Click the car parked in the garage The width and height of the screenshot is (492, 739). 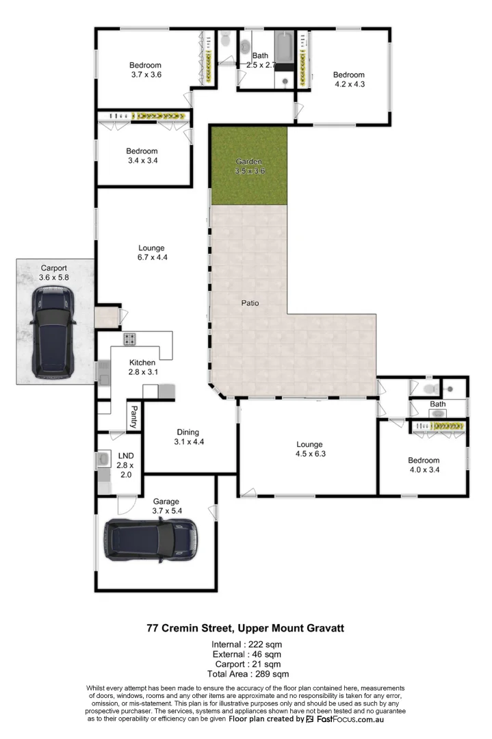point(151,539)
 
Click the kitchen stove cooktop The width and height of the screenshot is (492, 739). point(130,339)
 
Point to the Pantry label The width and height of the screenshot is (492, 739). point(134,416)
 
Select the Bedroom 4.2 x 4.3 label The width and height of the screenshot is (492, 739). point(349,79)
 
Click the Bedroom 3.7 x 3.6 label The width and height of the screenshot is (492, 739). point(145,70)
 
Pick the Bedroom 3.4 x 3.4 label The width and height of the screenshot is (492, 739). point(142,156)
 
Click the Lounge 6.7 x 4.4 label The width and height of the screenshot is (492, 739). point(151,252)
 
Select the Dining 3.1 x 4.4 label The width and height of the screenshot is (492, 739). point(187,437)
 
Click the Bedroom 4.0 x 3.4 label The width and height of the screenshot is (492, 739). point(424,465)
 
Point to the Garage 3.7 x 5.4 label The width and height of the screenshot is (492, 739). point(167,506)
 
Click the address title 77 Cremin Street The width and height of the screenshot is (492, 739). point(246,627)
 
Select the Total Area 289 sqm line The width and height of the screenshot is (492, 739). point(246,674)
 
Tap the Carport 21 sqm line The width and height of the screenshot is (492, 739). point(246,664)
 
